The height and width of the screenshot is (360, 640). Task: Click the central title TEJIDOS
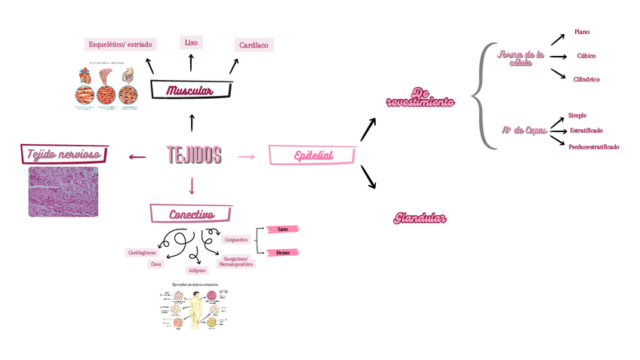coord(194,155)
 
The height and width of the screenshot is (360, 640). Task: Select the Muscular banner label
coord(190,91)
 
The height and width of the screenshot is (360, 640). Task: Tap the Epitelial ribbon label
coord(313,155)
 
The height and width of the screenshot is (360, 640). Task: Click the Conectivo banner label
coord(191,214)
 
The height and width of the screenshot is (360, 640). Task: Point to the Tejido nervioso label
coord(64,155)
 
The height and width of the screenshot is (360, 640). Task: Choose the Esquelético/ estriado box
coord(120,45)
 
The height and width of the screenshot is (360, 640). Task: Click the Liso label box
coord(191,42)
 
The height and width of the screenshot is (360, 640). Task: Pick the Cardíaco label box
coord(254,45)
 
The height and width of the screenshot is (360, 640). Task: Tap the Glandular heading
coord(420,219)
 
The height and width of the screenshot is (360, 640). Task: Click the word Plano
coord(582,32)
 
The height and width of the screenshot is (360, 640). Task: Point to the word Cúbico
coord(586,56)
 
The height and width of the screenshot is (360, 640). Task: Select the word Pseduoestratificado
coord(594,147)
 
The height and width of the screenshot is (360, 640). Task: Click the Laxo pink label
coord(283,229)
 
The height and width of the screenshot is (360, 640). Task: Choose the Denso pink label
coord(283,253)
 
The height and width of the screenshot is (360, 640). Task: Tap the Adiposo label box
coord(197,269)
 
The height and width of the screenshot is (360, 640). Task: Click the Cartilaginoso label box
coord(142,253)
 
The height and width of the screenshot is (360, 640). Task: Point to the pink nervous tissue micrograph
coord(63,192)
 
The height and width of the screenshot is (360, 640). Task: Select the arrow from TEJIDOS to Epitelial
coord(246,156)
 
